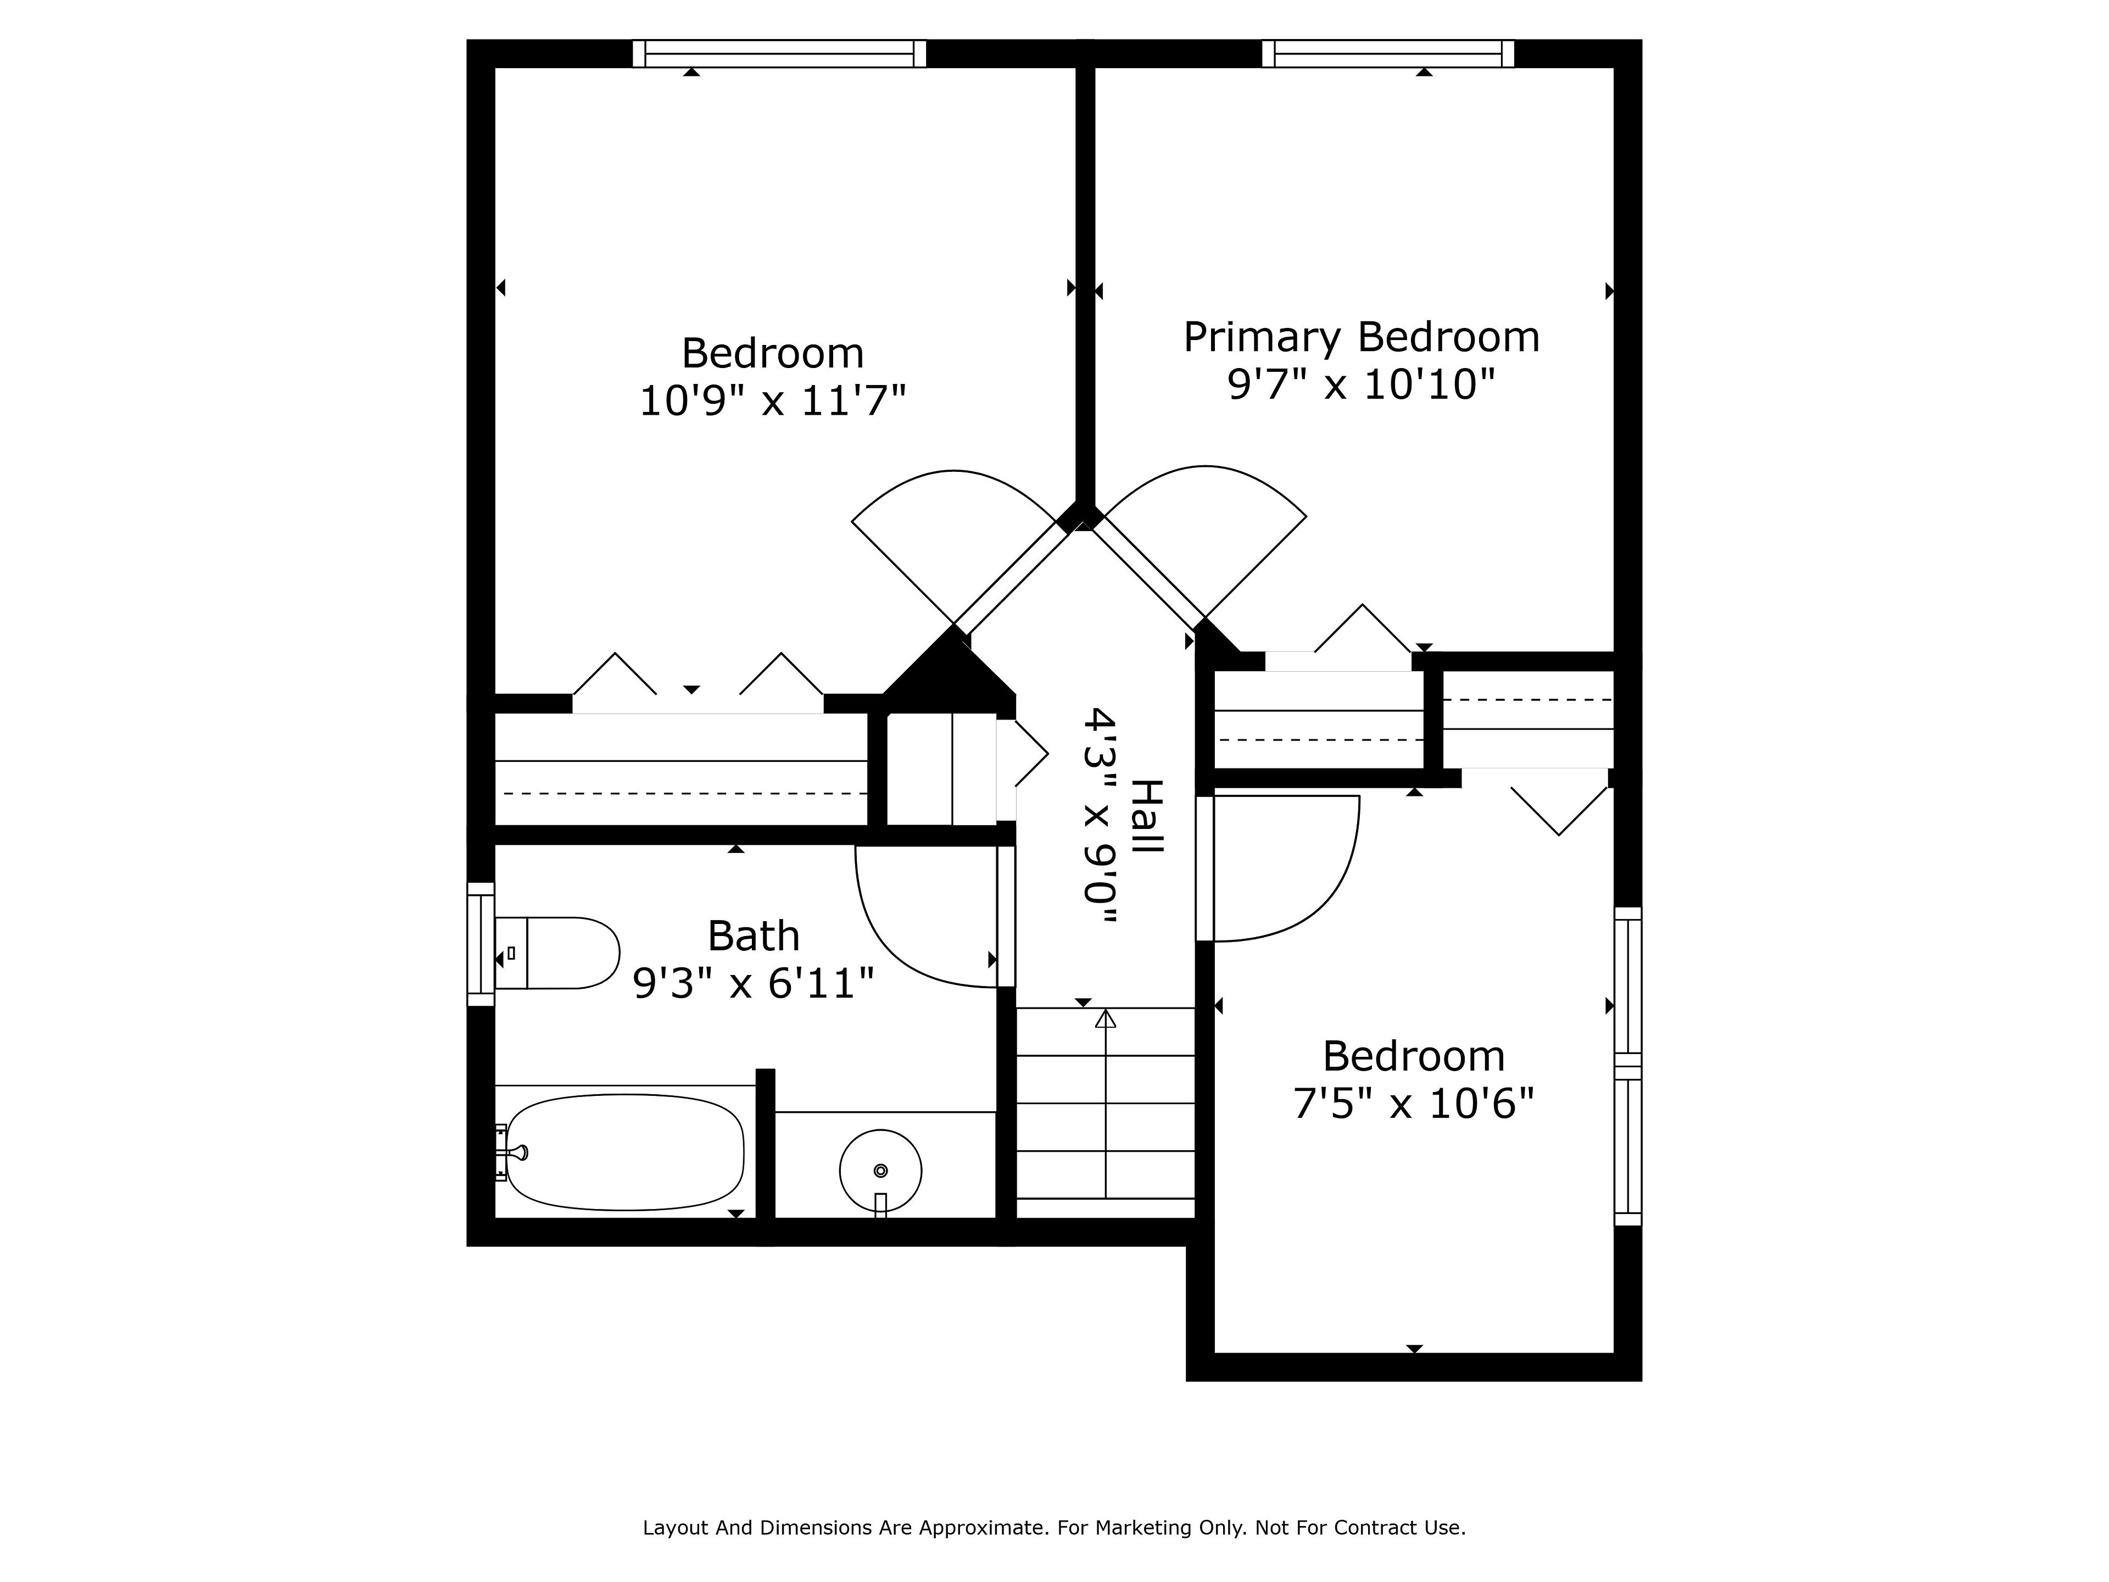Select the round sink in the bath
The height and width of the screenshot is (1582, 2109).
880,1171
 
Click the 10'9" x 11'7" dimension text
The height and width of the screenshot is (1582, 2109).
772,400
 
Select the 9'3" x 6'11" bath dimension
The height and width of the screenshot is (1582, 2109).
753,983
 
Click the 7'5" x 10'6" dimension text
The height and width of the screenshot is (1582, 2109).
1414,1104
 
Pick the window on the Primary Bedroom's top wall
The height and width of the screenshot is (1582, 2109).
1388,53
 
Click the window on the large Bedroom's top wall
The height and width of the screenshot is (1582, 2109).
779,53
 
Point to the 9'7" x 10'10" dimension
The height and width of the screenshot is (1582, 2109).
1360,385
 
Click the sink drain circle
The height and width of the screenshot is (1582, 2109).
880,1170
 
